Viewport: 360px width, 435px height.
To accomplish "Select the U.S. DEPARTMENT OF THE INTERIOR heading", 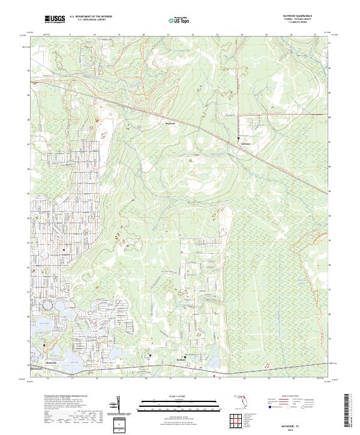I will coord(91,17).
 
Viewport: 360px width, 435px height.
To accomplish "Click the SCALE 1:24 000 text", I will coord(175,396).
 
